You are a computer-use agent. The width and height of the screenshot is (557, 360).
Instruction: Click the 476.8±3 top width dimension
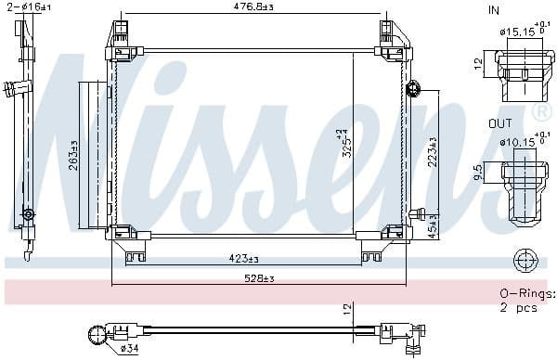click(x=252, y=8)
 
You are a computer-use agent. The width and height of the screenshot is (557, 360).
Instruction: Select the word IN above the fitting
click(x=493, y=9)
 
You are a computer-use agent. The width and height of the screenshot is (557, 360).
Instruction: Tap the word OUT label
click(x=499, y=122)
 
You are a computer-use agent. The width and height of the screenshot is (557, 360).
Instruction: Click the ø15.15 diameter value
click(x=517, y=32)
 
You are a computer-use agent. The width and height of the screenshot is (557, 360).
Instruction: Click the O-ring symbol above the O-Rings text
click(x=525, y=259)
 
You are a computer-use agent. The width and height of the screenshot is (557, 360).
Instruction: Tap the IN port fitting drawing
click(x=525, y=74)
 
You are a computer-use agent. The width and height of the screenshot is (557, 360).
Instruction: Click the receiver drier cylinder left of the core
click(x=93, y=153)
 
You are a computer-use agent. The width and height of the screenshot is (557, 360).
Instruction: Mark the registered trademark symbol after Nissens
click(x=542, y=112)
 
